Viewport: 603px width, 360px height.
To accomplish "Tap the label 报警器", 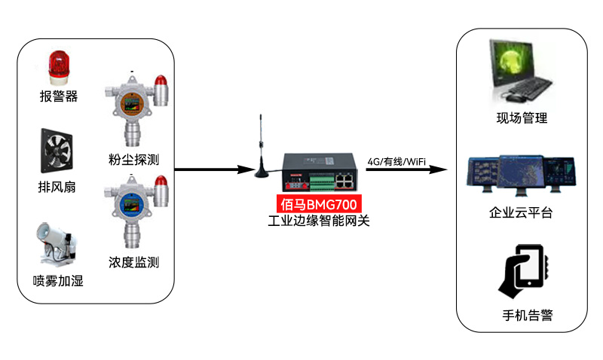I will pyautogui.click(x=59, y=96).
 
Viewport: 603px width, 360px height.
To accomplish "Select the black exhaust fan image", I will pyautogui.click(x=58, y=150).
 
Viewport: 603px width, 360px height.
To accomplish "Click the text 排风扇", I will pyautogui.click(x=57, y=187).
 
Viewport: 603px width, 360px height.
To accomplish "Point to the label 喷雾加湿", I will pyautogui.click(x=58, y=281).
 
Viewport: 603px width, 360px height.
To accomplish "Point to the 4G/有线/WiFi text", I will pyautogui.click(x=396, y=161).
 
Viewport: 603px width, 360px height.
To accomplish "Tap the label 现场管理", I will pyautogui.click(x=522, y=118).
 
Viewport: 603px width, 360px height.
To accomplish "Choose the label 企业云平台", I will pyautogui.click(x=521, y=213).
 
